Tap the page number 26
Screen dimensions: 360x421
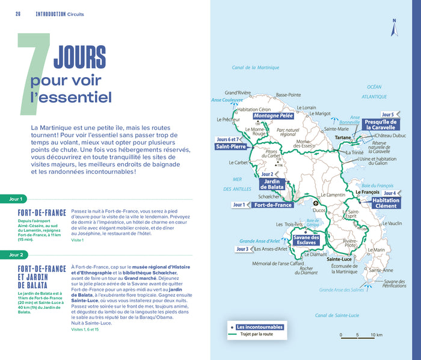[18, 13]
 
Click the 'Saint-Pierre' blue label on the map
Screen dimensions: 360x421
[231, 146]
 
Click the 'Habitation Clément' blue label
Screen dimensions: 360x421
[386, 203]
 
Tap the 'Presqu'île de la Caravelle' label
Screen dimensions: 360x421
[380, 124]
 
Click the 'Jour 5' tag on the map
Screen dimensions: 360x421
[387, 114]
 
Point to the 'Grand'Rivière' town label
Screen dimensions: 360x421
[238, 93]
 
